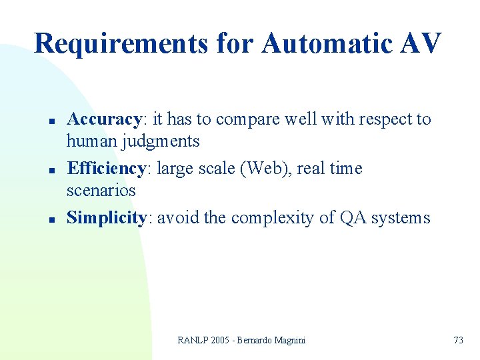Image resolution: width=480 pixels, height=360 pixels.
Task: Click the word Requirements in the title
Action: click(x=121, y=44)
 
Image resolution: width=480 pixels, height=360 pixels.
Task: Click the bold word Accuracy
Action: click(x=104, y=120)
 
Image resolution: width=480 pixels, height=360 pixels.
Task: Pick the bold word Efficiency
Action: click(x=106, y=169)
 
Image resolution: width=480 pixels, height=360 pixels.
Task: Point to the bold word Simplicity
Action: click(x=107, y=218)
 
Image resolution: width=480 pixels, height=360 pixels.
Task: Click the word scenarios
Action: click(x=101, y=191)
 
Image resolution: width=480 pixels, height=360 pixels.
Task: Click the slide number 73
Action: click(x=458, y=340)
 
